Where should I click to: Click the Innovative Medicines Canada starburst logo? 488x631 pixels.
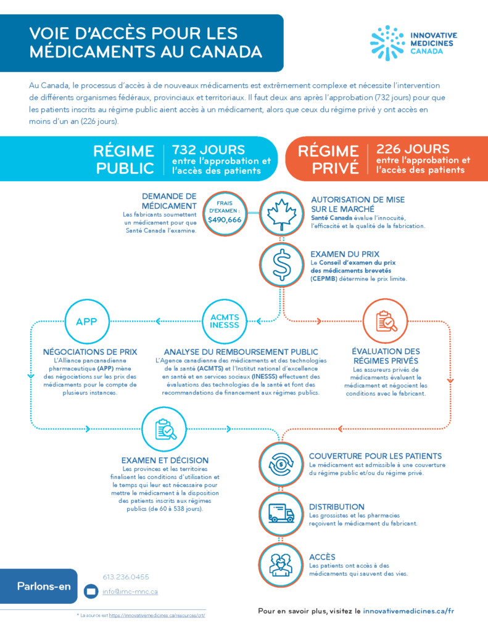[x=387, y=43]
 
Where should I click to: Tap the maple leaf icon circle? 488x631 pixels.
[x=282, y=213]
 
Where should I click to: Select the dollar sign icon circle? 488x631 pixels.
[x=282, y=265]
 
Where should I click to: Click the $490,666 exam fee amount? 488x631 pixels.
[x=225, y=220]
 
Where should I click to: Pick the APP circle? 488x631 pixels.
[x=86, y=322]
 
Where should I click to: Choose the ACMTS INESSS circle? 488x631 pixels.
[x=225, y=322]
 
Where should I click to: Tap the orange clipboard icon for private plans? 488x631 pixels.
[x=385, y=321]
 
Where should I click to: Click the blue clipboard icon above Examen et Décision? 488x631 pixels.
[x=164, y=429]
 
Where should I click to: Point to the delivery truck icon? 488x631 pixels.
[x=281, y=514]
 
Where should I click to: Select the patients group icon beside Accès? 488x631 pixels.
[x=281, y=564]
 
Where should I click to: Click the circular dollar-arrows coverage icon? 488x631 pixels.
[x=281, y=464]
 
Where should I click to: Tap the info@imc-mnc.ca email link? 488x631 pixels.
[x=130, y=592]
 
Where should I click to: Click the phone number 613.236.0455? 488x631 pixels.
[x=126, y=577]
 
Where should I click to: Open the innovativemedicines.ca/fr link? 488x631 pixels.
[x=408, y=611]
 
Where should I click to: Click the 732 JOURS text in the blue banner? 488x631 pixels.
[x=209, y=150]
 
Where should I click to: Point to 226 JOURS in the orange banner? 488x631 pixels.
[x=413, y=149]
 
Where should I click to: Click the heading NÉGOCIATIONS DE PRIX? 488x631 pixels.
[x=90, y=352]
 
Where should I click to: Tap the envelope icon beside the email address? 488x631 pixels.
[x=91, y=591]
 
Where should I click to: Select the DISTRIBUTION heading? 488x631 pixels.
[x=336, y=507]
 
